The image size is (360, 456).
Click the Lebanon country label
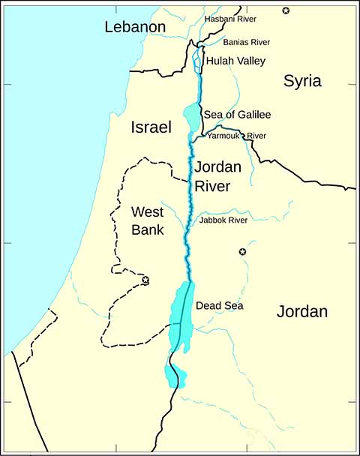coord(135,28)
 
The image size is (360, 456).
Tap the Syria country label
coord(302,82)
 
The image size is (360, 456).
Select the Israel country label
coord(151,127)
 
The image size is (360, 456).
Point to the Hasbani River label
coord(231,17)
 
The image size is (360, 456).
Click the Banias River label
coord(246,42)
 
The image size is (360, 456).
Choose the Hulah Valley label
coord(235,61)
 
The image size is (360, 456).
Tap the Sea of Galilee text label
coord(237,115)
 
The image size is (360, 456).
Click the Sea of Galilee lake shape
coord(192,115)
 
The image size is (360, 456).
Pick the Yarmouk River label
coord(236,136)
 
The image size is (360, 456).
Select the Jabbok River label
coord(223,220)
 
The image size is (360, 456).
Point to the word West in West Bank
coord(147,211)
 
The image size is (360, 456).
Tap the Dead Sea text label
coord(219,306)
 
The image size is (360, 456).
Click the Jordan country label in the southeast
coord(302,311)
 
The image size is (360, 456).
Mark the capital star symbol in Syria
coord(285,10)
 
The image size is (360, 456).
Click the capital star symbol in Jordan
coord(242,252)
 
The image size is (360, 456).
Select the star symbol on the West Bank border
coord(145,280)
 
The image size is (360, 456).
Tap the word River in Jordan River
coord(212,186)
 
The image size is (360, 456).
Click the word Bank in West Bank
coord(147,230)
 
